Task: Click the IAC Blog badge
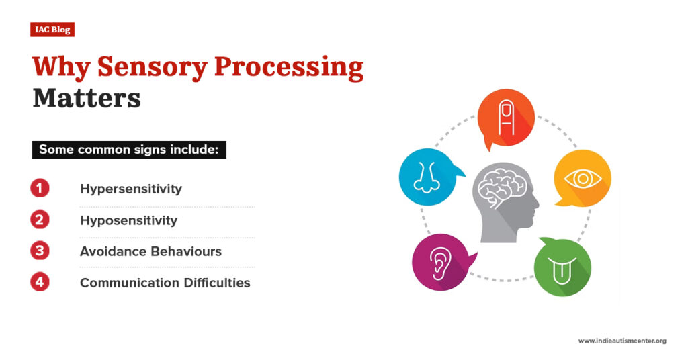52,29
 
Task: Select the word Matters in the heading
87,98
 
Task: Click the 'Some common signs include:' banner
129,149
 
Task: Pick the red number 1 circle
40,189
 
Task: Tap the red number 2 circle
40,220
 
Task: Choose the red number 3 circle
40,251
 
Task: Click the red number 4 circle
40,282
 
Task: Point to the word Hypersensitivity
131,189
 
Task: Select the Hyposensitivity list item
129,220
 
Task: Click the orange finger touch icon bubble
506,118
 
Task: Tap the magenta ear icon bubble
440,262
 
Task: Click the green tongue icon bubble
562,267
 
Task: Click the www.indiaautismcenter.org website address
622,341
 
